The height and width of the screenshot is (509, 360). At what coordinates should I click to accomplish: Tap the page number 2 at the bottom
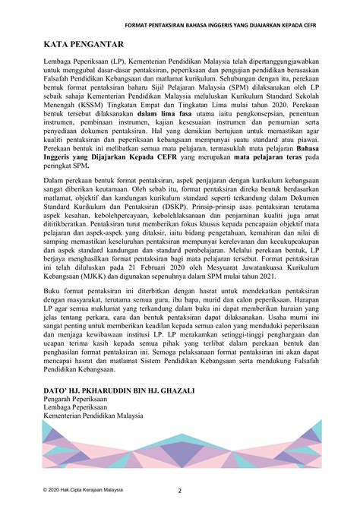(x=180, y=490)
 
